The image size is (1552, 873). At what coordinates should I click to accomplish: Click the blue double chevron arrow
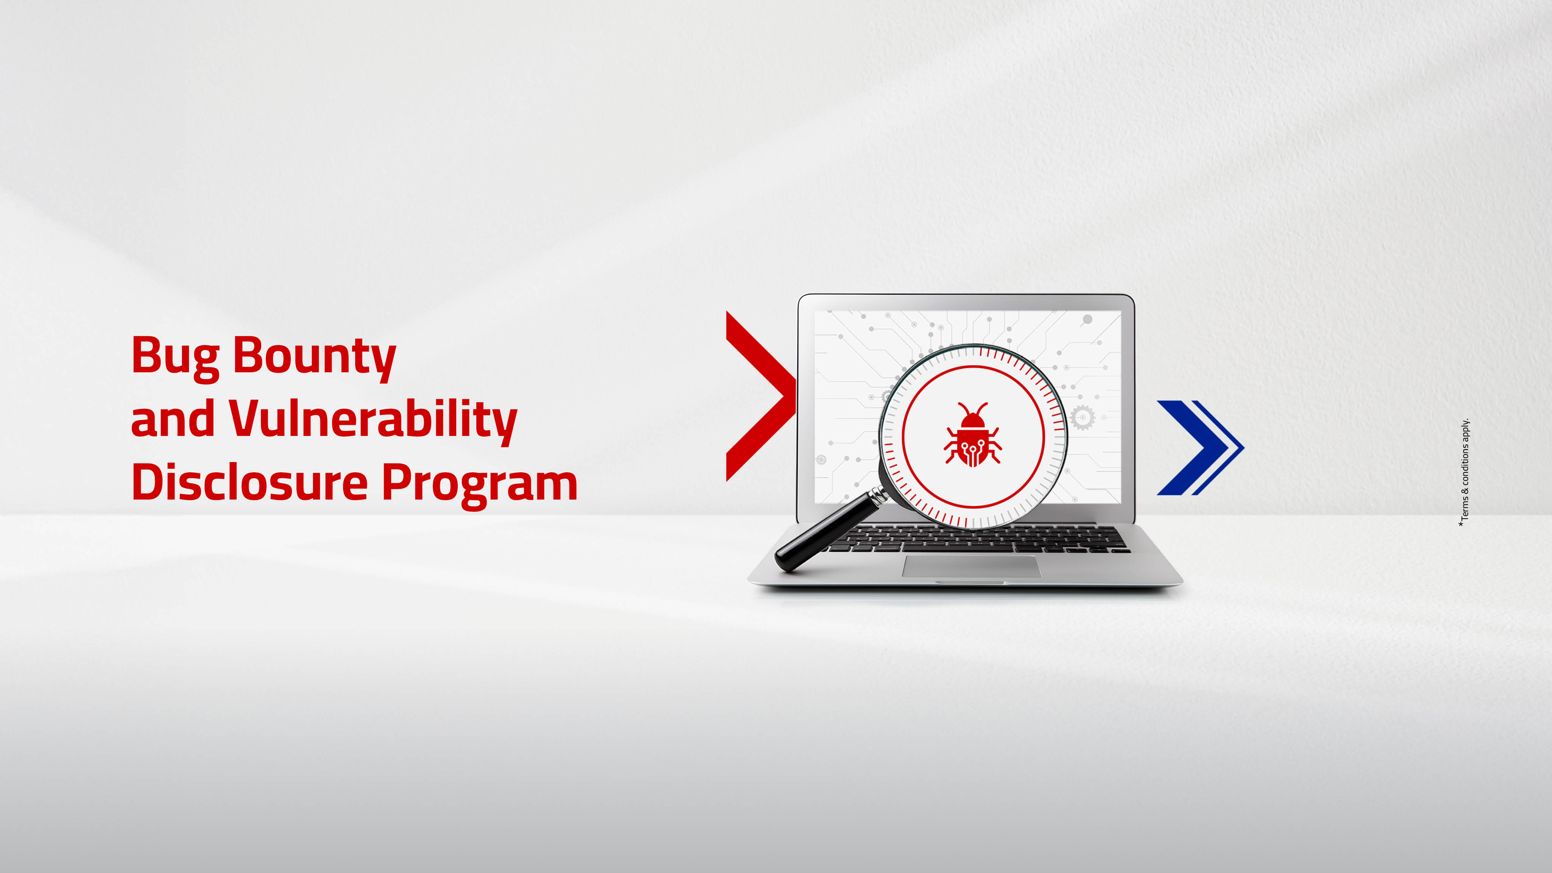click(x=1201, y=448)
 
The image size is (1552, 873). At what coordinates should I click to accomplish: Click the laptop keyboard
click(x=979, y=539)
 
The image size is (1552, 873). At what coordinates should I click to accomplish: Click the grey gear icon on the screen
click(x=1082, y=417)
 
